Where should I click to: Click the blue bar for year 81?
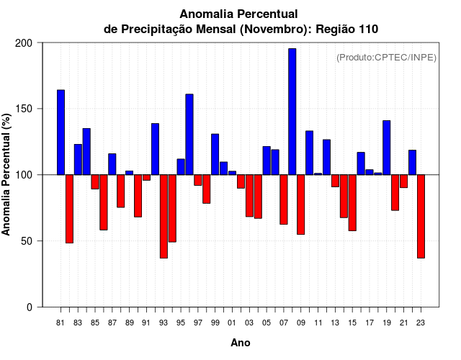(61, 132)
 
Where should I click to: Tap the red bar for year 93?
(164, 216)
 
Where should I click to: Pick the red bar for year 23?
(421, 216)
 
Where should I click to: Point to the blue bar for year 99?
(215, 154)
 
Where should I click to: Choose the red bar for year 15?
(352, 202)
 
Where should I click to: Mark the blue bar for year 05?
(267, 161)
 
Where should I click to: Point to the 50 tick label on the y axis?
(27, 241)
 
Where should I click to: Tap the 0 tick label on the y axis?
(30, 307)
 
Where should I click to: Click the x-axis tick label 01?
(232, 323)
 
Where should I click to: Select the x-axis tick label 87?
(112, 323)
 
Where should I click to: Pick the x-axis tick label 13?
(335, 323)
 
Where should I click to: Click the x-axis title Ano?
(241, 343)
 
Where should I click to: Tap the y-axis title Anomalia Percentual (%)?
(6, 175)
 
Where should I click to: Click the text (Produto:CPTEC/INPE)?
(386, 58)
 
